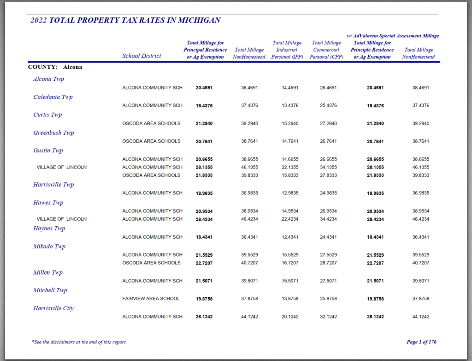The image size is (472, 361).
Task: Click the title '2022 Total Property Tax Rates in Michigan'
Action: [125, 20]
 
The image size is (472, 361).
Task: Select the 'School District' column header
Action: [142, 56]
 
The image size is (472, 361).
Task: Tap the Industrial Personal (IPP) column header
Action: [287, 50]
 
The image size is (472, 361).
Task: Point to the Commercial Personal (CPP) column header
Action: [326, 50]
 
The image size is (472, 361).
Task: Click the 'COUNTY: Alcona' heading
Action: [55, 67]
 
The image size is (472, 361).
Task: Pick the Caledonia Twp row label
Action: [53, 97]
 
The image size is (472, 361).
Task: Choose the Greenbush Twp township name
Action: [53, 133]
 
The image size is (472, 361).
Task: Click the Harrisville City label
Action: [53, 308]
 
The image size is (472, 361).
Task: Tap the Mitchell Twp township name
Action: [50, 290]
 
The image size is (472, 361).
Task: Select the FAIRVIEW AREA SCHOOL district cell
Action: [151, 299]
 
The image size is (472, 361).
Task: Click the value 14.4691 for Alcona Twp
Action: [290, 88]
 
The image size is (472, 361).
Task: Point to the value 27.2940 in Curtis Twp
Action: [328, 124]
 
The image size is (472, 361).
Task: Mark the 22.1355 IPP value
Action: [290, 167]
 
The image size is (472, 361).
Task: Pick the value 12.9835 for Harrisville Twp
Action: [290, 193]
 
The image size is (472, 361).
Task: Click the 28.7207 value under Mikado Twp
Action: [328, 263]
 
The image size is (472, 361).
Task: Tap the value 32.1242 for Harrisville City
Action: [328, 317]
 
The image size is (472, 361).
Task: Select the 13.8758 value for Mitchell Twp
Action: [290, 299]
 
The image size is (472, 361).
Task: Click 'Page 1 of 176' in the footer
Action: [421, 342]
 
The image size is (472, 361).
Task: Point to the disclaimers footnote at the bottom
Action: [79, 342]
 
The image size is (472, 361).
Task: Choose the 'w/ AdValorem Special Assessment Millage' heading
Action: [393, 36]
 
